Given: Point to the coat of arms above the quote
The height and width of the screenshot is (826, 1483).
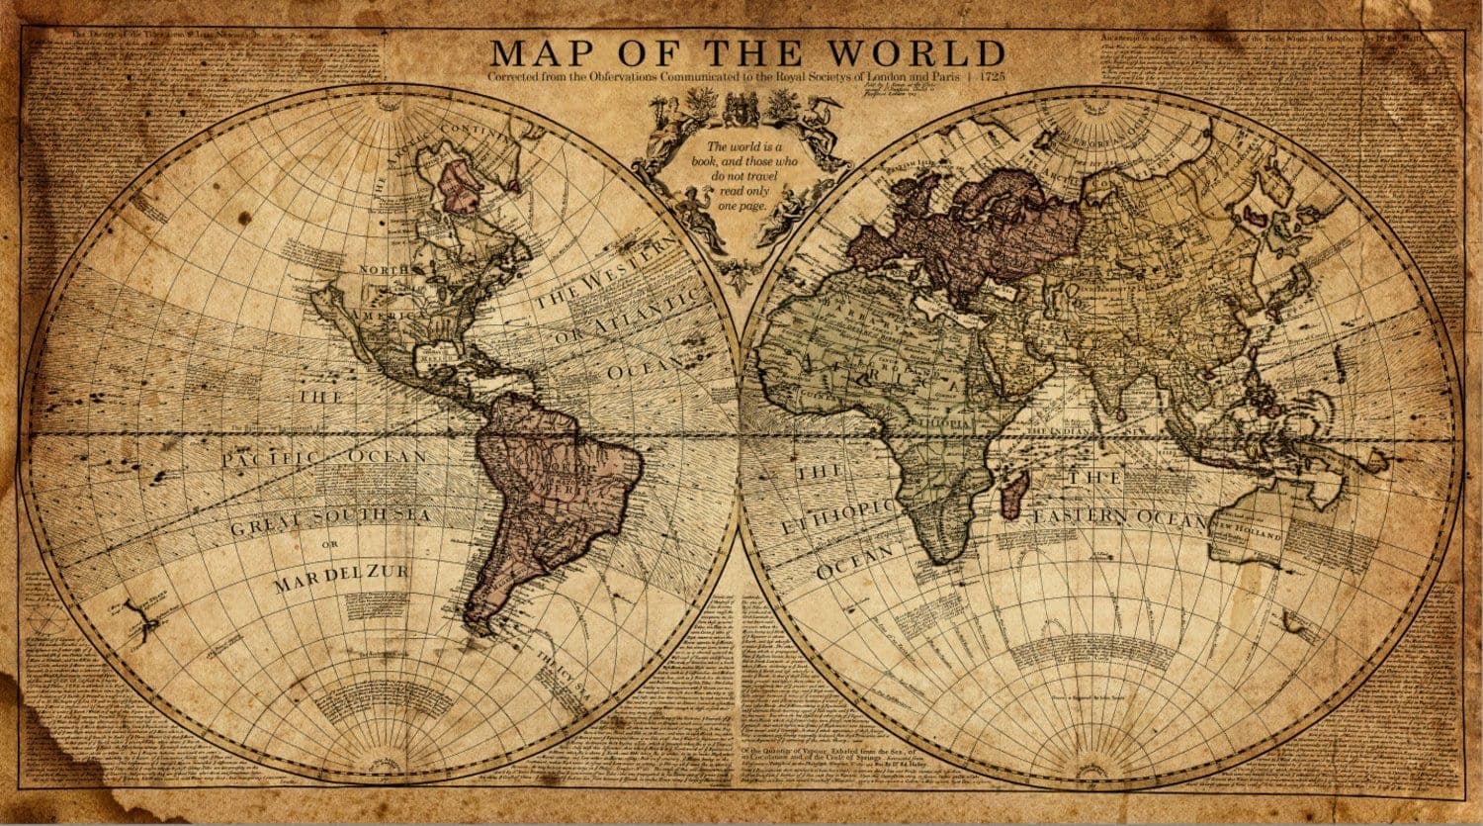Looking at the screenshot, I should [741, 108].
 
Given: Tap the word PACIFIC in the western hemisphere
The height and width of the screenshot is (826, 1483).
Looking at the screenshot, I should [268, 459].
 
